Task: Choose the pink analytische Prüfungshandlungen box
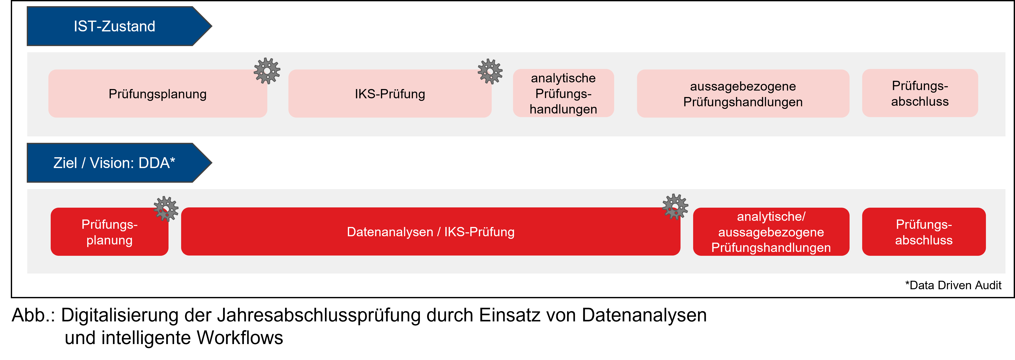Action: [563, 94]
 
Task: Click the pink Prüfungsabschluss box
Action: [920, 94]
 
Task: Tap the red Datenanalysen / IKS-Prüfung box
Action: [430, 232]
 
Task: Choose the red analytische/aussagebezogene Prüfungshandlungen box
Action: [771, 232]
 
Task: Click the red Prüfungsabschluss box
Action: [924, 232]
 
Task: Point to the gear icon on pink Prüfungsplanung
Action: [267, 71]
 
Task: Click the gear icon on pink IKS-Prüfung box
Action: [490, 71]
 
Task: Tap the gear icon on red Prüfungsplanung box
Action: [166, 209]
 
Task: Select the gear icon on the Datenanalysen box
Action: [675, 206]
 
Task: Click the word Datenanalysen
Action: [390, 232]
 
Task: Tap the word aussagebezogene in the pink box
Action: [743, 86]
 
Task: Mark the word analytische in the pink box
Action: [563, 78]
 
